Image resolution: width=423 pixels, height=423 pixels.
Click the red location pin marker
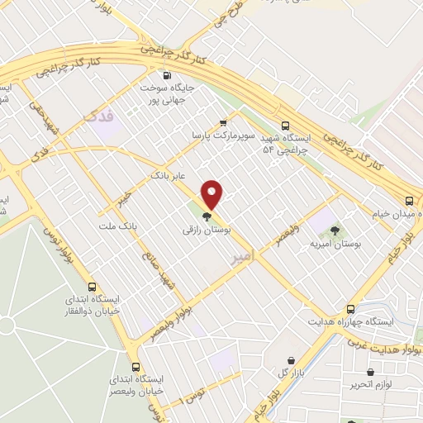(x=213, y=195)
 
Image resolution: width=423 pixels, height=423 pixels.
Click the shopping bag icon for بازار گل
(x=292, y=360)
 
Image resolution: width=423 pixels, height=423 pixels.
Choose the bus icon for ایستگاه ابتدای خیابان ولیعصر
(x=135, y=367)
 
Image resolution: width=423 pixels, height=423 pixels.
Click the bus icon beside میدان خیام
(x=410, y=200)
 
